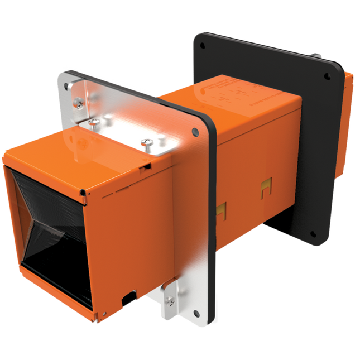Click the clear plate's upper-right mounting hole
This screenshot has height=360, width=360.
[195, 132]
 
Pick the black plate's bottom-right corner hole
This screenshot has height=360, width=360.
[312, 234]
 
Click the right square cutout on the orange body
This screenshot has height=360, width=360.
[266, 189]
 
